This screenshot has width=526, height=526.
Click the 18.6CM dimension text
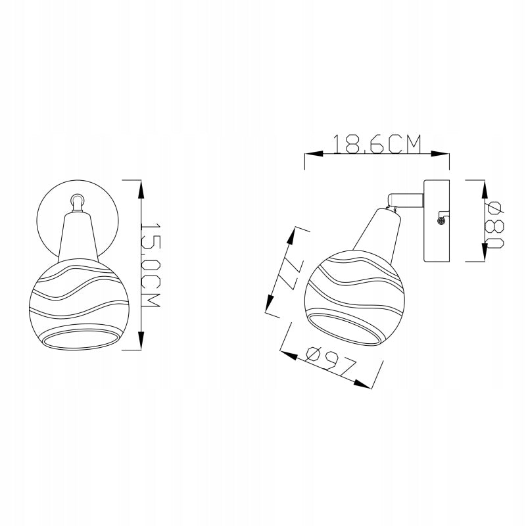(377, 144)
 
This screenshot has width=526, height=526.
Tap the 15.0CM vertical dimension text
(149, 265)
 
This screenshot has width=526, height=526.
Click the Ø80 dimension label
(495, 225)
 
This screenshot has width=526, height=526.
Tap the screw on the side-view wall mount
(441, 220)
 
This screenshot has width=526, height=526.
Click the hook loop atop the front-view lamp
(77, 203)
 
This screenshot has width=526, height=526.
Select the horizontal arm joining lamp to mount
(406, 200)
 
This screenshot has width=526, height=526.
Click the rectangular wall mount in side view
(437, 221)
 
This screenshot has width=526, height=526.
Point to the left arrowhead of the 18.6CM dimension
(314, 154)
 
